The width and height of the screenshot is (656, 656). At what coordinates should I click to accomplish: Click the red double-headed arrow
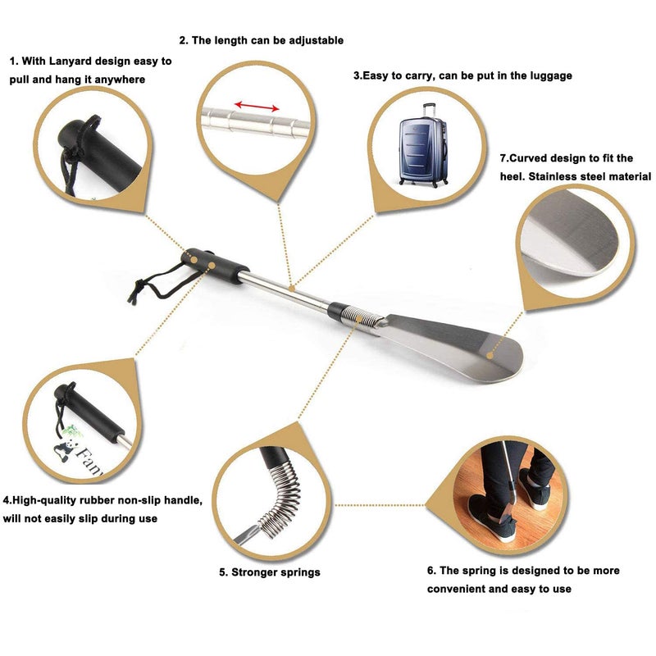(x=257, y=106)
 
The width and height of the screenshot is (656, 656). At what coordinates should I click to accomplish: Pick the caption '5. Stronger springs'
(x=269, y=572)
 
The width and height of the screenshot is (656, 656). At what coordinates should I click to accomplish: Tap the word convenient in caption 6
(x=456, y=589)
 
